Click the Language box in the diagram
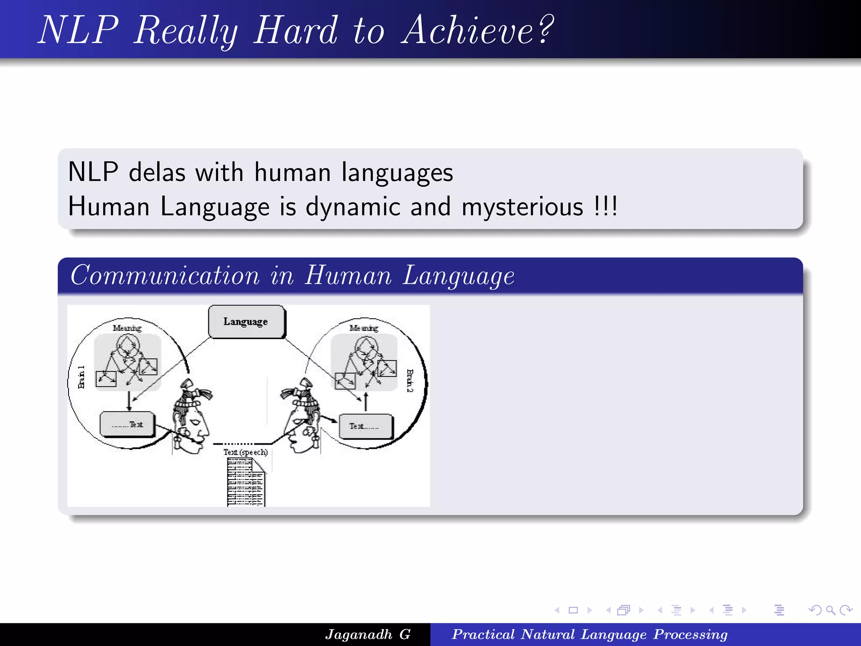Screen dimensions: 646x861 (x=246, y=322)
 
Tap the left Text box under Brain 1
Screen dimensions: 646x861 (x=127, y=424)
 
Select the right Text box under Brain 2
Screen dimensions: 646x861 (x=365, y=426)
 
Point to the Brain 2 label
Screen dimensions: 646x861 (x=410, y=381)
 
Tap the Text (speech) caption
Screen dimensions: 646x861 (x=246, y=452)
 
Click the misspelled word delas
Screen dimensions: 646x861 (x=157, y=172)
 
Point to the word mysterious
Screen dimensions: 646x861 (x=522, y=207)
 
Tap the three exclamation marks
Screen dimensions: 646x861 (x=606, y=206)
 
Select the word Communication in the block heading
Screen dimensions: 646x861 (x=165, y=276)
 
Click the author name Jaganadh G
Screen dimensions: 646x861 (x=368, y=634)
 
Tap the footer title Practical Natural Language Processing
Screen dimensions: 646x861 (x=589, y=634)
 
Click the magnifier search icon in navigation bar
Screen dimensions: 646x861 (x=830, y=610)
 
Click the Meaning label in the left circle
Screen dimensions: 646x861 (x=127, y=328)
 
